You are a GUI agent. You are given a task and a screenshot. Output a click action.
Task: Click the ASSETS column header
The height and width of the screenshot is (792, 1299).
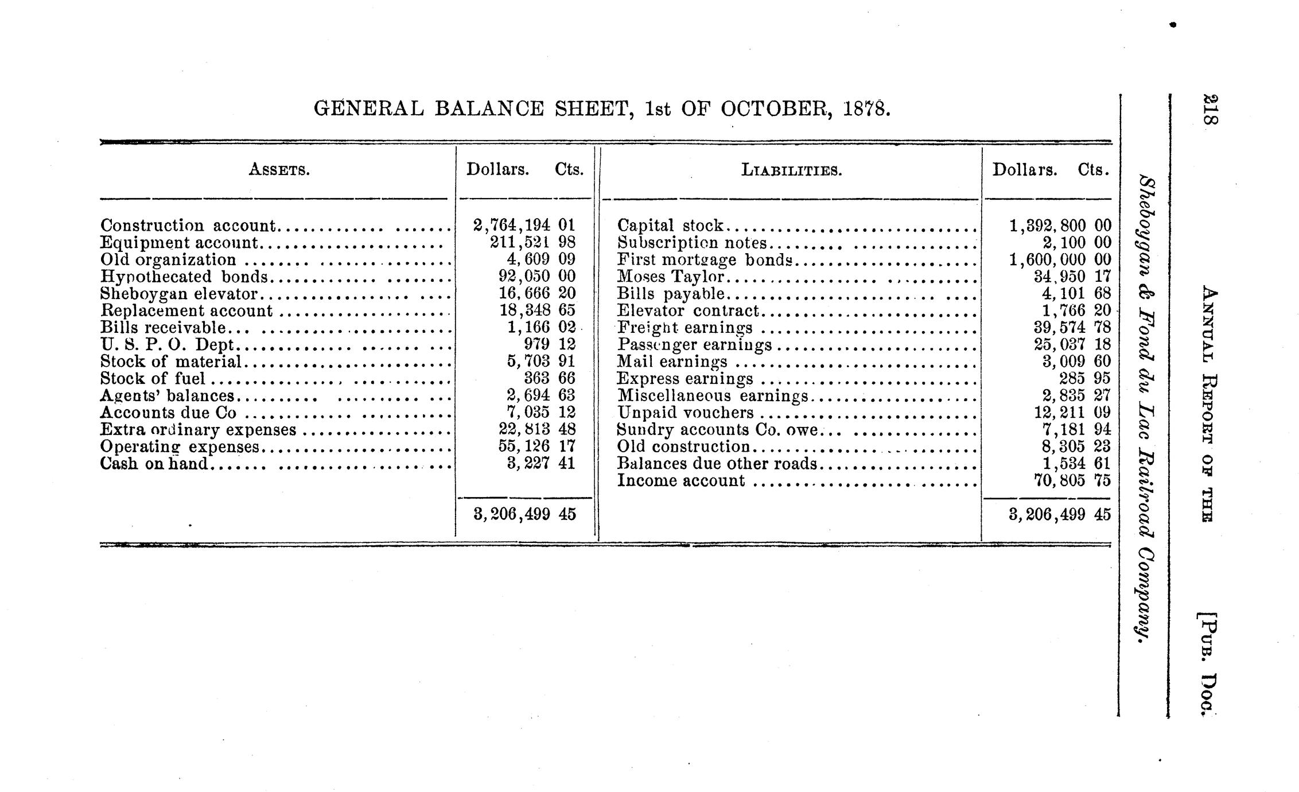(x=279, y=170)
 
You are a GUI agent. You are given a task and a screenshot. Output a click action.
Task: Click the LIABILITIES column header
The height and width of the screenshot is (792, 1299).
(x=791, y=170)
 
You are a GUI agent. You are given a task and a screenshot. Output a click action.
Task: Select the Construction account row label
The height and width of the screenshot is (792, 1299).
(x=188, y=226)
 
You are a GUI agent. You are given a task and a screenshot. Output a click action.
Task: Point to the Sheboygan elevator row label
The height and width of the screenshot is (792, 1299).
(x=178, y=294)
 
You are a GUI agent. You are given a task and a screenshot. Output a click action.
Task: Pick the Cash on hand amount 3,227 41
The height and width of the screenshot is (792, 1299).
(x=540, y=463)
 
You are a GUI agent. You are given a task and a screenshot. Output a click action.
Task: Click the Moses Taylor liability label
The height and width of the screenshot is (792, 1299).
(x=670, y=277)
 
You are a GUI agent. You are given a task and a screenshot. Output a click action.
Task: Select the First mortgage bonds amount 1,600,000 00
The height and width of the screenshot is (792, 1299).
(x=1059, y=259)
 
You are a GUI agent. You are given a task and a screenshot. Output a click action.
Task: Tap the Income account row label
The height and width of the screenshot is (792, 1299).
(x=680, y=481)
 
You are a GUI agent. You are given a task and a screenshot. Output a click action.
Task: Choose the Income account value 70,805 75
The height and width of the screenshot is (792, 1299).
(x=1071, y=480)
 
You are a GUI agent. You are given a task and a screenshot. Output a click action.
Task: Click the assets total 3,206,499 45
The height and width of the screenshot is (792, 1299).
(x=524, y=515)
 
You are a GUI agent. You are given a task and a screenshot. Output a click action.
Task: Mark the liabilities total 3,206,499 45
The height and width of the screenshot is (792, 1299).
(x=1059, y=515)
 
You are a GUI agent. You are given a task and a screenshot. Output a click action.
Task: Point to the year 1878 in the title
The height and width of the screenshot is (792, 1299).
(x=866, y=108)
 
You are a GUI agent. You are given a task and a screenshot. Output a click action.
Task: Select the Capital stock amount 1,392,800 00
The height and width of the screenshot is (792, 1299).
(x=1059, y=226)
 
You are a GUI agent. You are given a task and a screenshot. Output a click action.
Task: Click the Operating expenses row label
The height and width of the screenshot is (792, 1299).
(x=180, y=447)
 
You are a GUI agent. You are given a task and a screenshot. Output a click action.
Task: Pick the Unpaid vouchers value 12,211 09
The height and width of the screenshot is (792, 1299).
(x=1069, y=413)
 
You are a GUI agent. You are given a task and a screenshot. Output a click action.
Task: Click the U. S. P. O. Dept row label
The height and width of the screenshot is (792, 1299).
(x=167, y=345)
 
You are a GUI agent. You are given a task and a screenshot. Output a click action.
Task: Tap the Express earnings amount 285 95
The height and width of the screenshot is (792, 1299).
(x=1084, y=379)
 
